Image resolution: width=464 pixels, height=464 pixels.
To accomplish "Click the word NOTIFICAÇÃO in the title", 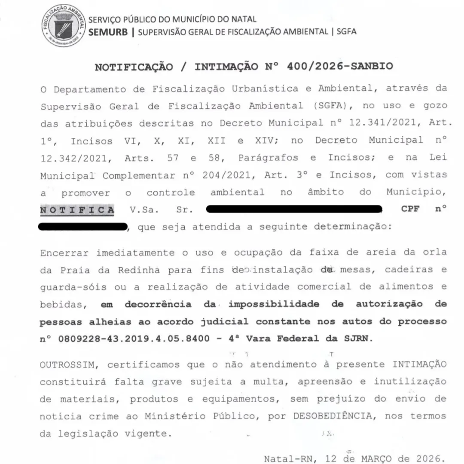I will click(x=134, y=67).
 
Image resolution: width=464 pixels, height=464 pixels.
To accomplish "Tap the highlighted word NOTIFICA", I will click(x=77, y=210).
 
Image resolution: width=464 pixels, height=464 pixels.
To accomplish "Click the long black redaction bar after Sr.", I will click(x=294, y=210).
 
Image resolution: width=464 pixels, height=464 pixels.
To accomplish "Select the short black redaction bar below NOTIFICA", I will click(x=83, y=227).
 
